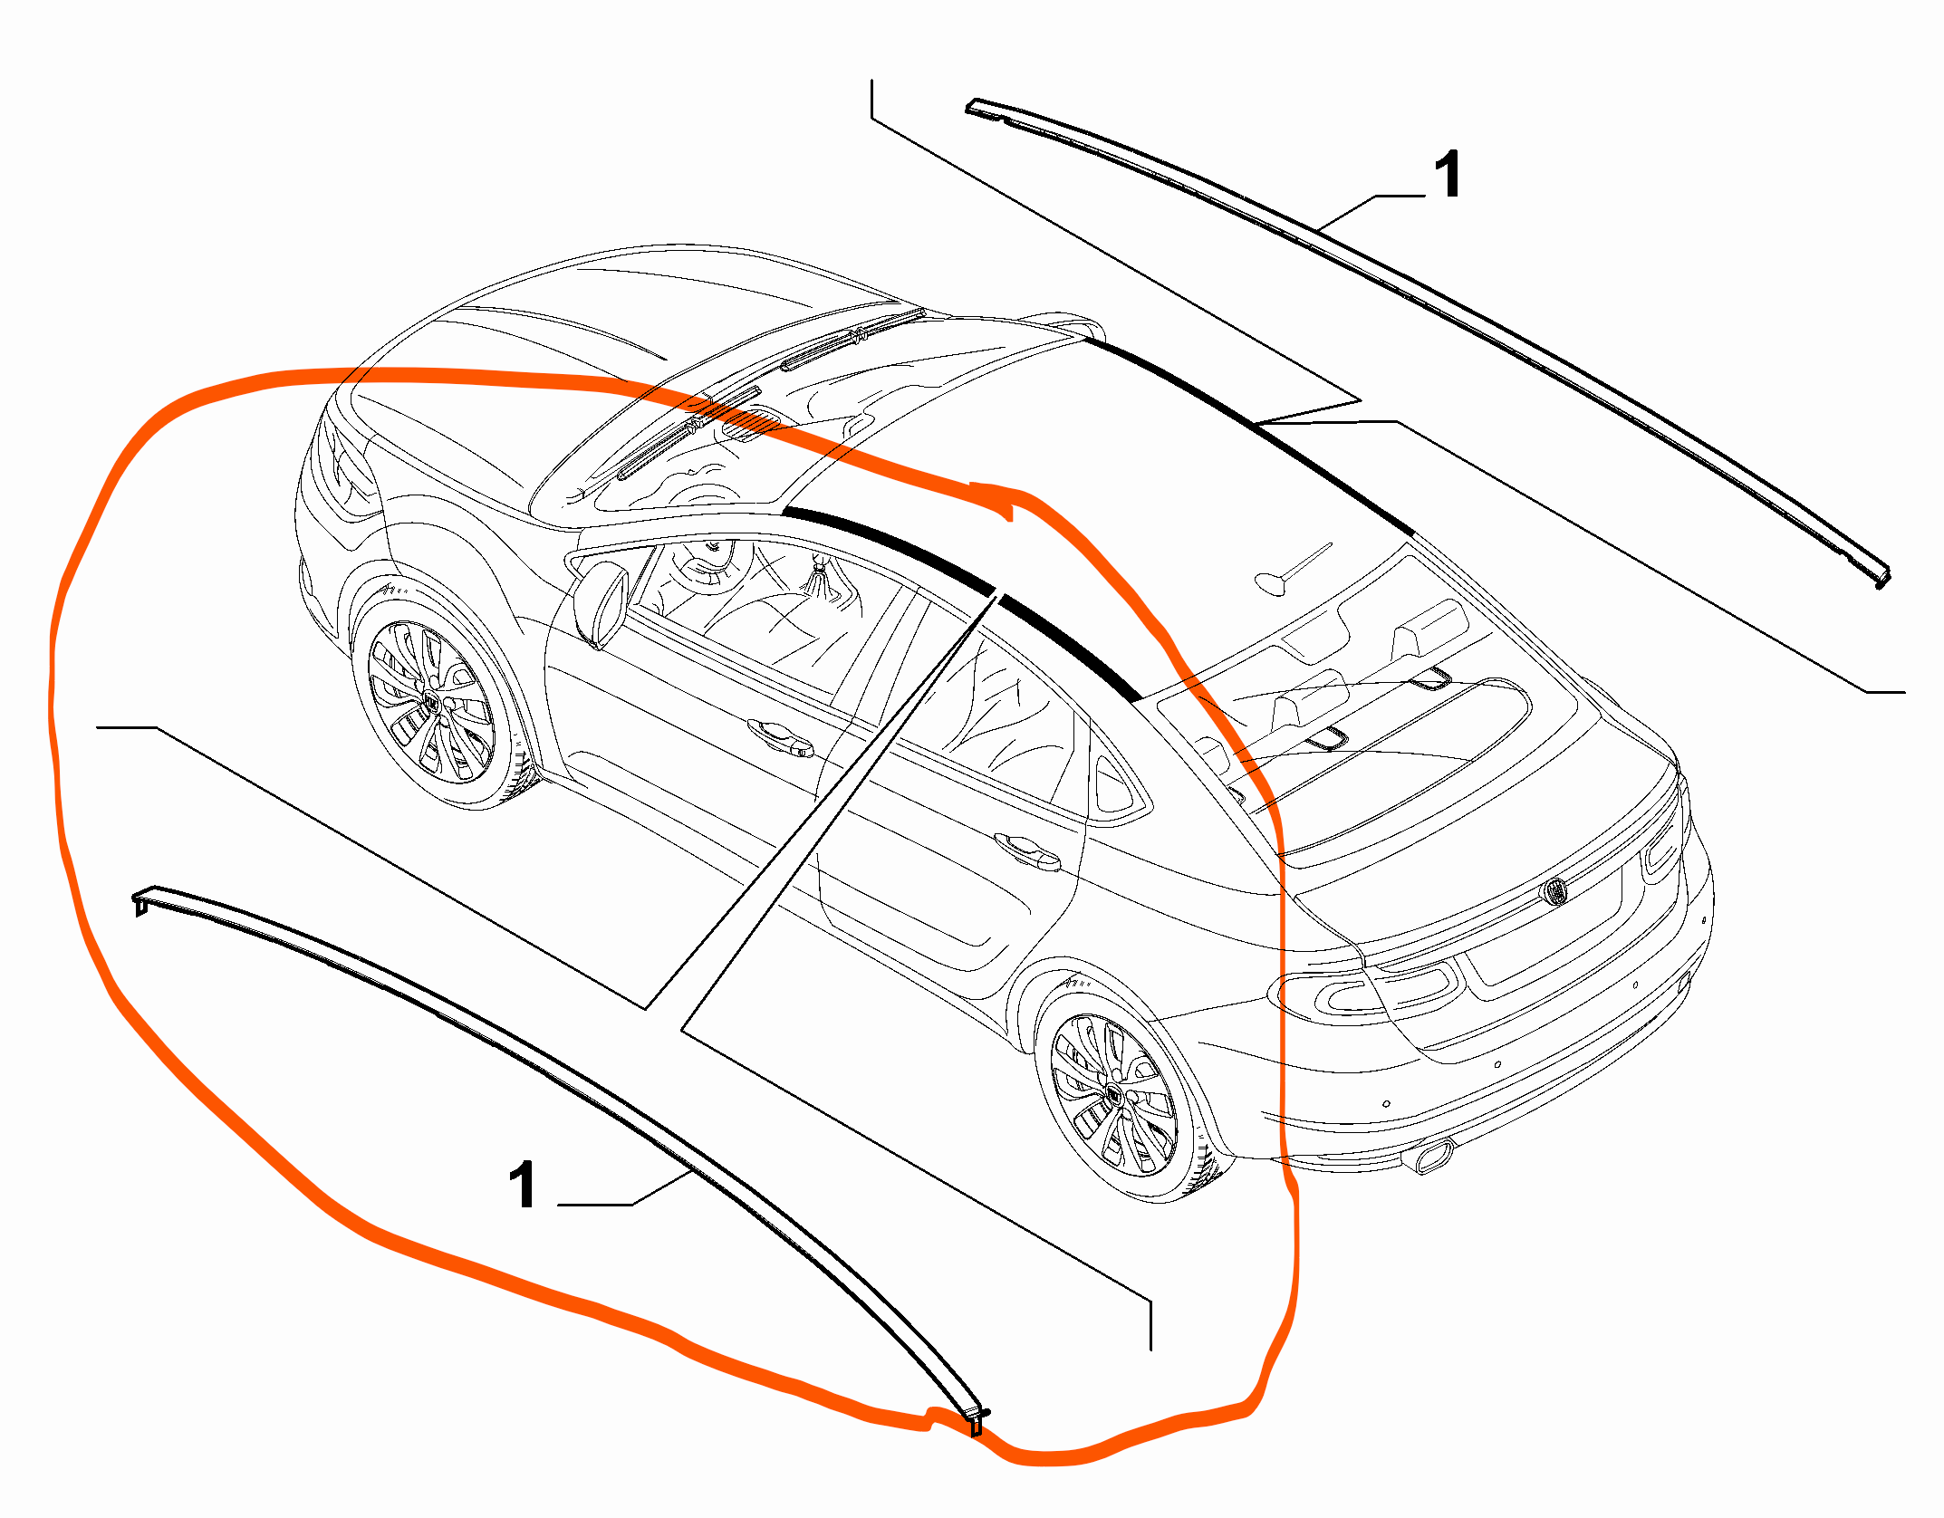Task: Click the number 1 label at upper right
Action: coord(1448,174)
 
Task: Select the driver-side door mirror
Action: coord(601,602)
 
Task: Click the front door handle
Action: coord(780,735)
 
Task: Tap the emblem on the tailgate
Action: coord(1554,891)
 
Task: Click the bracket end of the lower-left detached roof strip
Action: coord(141,902)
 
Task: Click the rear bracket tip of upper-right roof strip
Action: coord(1881,578)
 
